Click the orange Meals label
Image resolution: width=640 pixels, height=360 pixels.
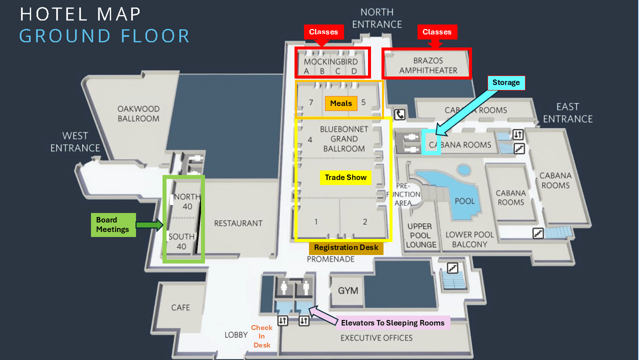pyautogui.click(x=341, y=103)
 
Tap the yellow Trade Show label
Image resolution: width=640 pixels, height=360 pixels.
pyautogui.click(x=345, y=177)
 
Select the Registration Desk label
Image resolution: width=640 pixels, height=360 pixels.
pyautogui.click(x=346, y=248)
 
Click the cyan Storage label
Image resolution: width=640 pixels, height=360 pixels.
pyautogui.click(x=506, y=82)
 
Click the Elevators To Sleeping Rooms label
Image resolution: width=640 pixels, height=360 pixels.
pyautogui.click(x=392, y=323)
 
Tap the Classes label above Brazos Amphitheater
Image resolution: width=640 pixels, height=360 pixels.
pyautogui.click(x=436, y=32)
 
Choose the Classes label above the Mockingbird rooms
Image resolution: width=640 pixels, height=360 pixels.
pyautogui.click(x=323, y=32)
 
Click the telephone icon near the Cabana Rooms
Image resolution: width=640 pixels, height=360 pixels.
pyautogui.click(x=400, y=114)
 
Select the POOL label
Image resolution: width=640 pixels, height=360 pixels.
pyautogui.click(x=464, y=201)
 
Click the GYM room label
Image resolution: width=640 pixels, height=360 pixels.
pyautogui.click(x=348, y=290)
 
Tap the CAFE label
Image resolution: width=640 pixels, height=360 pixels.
pyautogui.click(x=180, y=307)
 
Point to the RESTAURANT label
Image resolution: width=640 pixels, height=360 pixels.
pyautogui.click(x=238, y=223)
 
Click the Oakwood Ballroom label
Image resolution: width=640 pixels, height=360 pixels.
pyautogui.click(x=138, y=113)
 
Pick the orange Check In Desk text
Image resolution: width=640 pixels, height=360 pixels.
pyautogui.click(x=261, y=336)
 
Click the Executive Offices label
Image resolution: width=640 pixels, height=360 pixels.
pyautogui.click(x=376, y=338)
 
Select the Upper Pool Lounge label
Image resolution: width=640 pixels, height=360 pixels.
pyautogui.click(x=421, y=235)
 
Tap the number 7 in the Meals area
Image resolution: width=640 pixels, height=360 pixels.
pyautogui.click(x=311, y=102)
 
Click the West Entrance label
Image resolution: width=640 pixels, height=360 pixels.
pyautogui.click(x=75, y=141)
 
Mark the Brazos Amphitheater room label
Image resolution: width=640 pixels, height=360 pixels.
pyautogui.click(x=428, y=65)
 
